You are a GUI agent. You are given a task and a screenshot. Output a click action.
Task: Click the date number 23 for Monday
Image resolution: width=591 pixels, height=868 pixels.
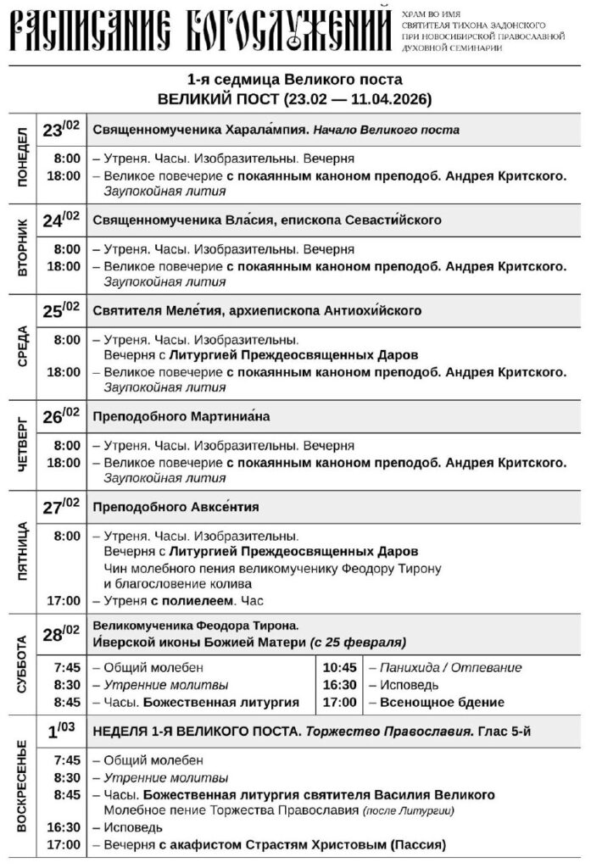[53, 131]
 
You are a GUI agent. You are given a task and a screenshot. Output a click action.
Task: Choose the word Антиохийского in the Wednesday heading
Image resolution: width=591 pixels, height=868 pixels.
[372, 310]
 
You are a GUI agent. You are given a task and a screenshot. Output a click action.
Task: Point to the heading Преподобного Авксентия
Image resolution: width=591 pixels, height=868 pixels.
[175, 507]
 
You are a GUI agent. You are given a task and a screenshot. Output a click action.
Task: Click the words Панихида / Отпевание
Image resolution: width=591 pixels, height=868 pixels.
[449, 668]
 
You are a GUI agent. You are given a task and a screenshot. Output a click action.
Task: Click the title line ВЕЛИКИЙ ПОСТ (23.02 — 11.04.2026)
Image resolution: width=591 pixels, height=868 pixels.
[294, 99]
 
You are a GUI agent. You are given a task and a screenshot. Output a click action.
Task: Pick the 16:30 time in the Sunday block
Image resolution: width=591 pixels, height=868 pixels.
[65, 827]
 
